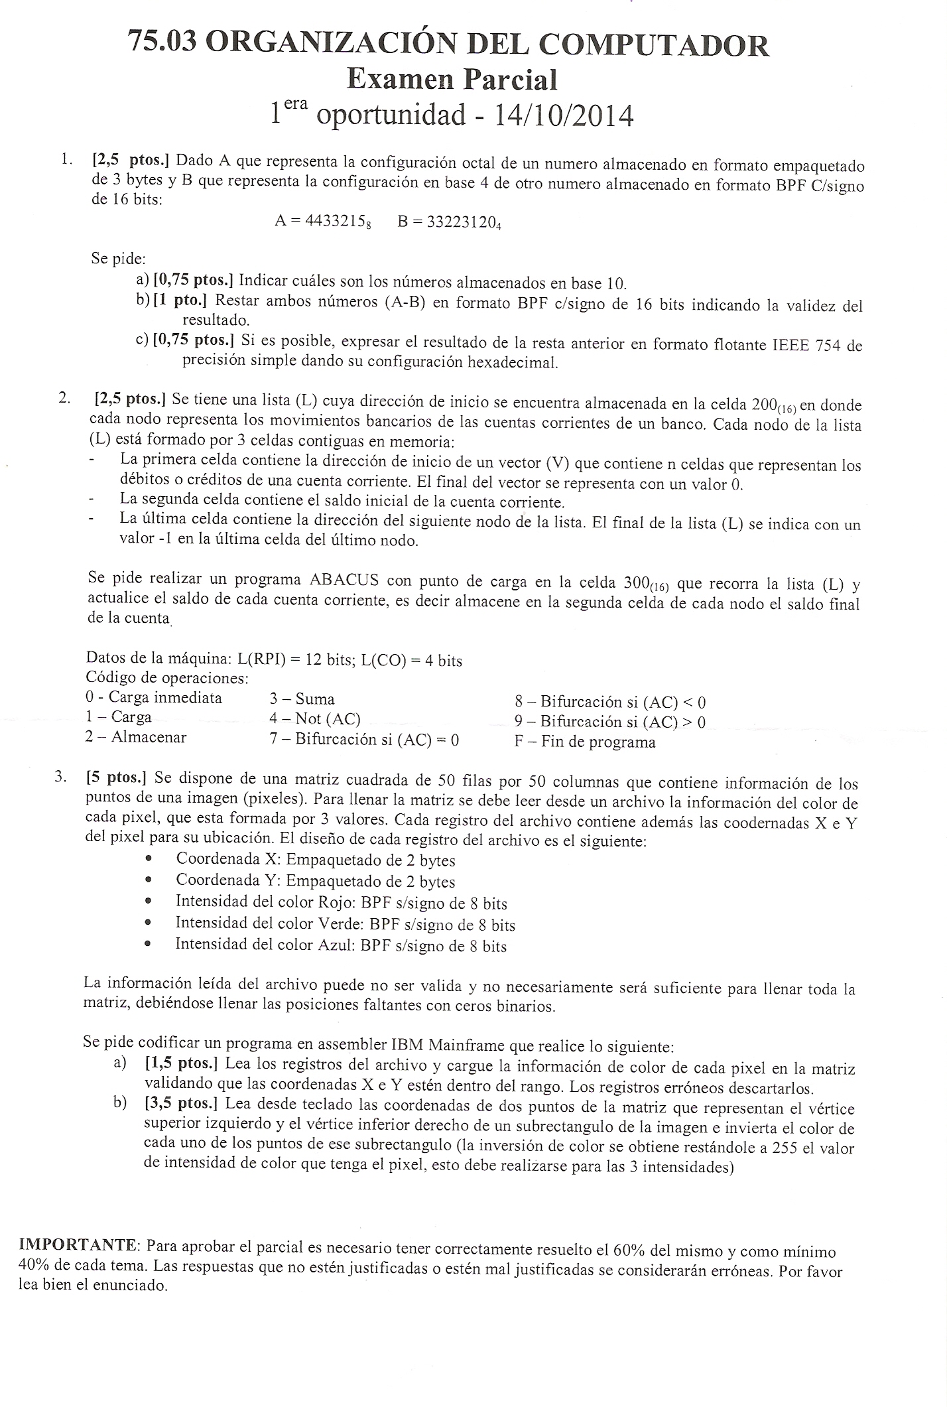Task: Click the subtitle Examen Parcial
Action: tap(452, 80)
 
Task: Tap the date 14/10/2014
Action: tap(564, 116)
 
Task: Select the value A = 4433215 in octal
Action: tap(322, 222)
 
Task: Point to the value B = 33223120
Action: tap(449, 222)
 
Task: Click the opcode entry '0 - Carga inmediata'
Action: tap(154, 697)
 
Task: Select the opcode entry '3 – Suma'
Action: tap(302, 699)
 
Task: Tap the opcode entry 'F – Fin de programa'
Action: tap(585, 742)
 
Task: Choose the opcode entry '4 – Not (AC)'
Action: tap(314, 718)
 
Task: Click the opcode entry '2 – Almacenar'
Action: tap(136, 736)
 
